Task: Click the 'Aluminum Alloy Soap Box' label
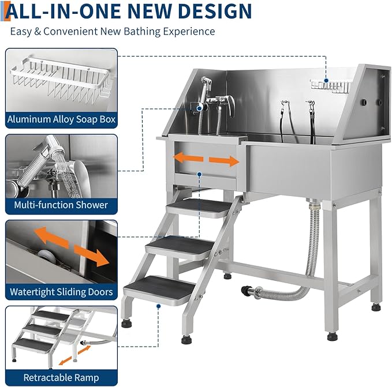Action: pyautogui.click(x=61, y=120)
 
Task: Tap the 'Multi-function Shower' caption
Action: pyautogui.click(x=61, y=205)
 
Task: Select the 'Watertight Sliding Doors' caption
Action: pyautogui.click(x=61, y=292)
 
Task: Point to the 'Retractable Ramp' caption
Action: pyautogui.click(x=61, y=378)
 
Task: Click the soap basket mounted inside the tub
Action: pyautogui.click(x=331, y=86)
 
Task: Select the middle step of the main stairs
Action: pyautogui.click(x=182, y=245)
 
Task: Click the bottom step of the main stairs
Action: pyautogui.click(x=160, y=287)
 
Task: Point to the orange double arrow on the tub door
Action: pyautogui.click(x=207, y=160)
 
